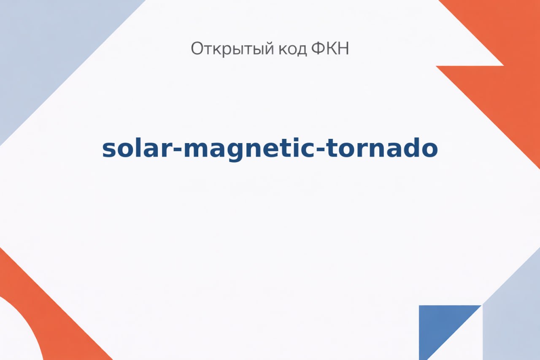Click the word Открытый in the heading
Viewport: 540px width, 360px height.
(232, 49)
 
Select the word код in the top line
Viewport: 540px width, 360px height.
(293, 49)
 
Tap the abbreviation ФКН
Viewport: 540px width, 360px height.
(330, 48)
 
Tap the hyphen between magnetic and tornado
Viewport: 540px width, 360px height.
(321, 150)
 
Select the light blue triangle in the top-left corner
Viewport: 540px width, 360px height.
(48, 48)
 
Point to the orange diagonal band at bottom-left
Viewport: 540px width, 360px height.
(48, 314)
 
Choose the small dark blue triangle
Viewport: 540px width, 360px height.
(439, 326)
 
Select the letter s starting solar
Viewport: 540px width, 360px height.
(109, 150)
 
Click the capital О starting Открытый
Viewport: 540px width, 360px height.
(198, 48)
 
